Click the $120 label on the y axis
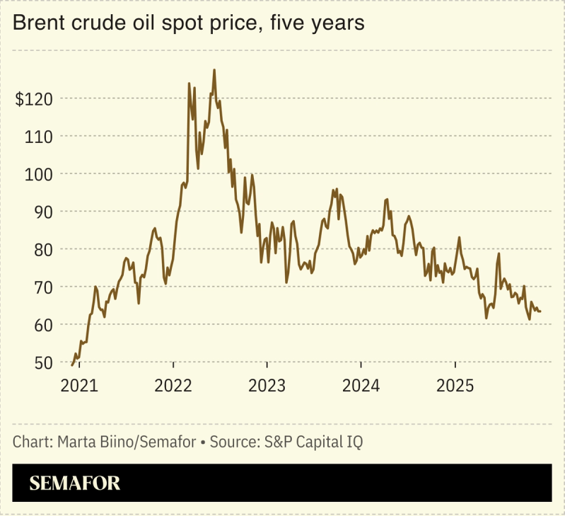[x=33, y=98]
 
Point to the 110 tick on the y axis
[x=38, y=136]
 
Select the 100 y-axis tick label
[x=38, y=173]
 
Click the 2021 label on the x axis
[x=79, y=386]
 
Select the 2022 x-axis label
[x=173, y=386]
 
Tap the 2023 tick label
[x=267, y=386]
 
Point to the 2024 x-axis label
[x=361, y=386]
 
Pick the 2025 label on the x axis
[x=455, y=386]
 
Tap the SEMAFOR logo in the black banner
[x=75, y=483]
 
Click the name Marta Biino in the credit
[x=88, y=442]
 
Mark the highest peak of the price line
[x=214, y=70]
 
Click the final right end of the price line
[x=541, y=311]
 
